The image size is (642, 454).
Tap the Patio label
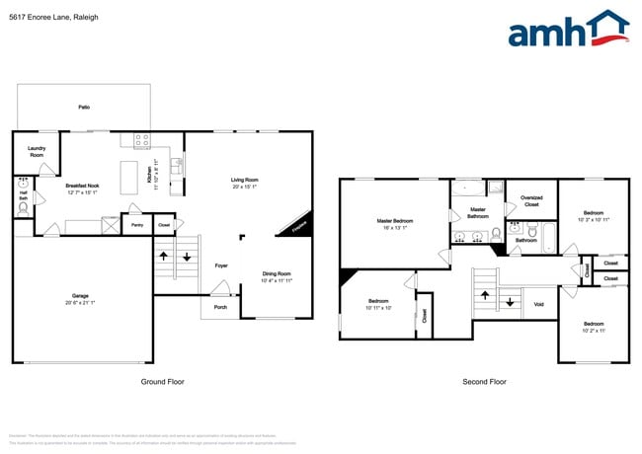pyautogui.click(x=84, y=107)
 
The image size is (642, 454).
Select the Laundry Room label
pyautogui.click(x=37, y=152)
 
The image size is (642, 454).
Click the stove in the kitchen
pyautogui.click(x=142, y=141)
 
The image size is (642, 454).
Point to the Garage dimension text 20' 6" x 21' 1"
pyautogui.click(x=80, y=302)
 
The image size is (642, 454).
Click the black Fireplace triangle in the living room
pyautogui.click(x=300, y=225)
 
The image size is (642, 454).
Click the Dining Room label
pyautogui.click(x=277, y=273)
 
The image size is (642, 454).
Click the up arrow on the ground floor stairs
pyautogui.click(x=163, y=257)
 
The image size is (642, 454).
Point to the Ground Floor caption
pyautogui.click(x=162, y=382)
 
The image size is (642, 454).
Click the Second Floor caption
pyautogui.click(x=484, y=382)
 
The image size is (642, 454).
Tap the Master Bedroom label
pyautogui.click(x=395, y=220)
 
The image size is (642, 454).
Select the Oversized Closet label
pyautogui.click(x=531, y=201)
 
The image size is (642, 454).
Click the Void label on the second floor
pyautogui.click(x=538, y=304)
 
